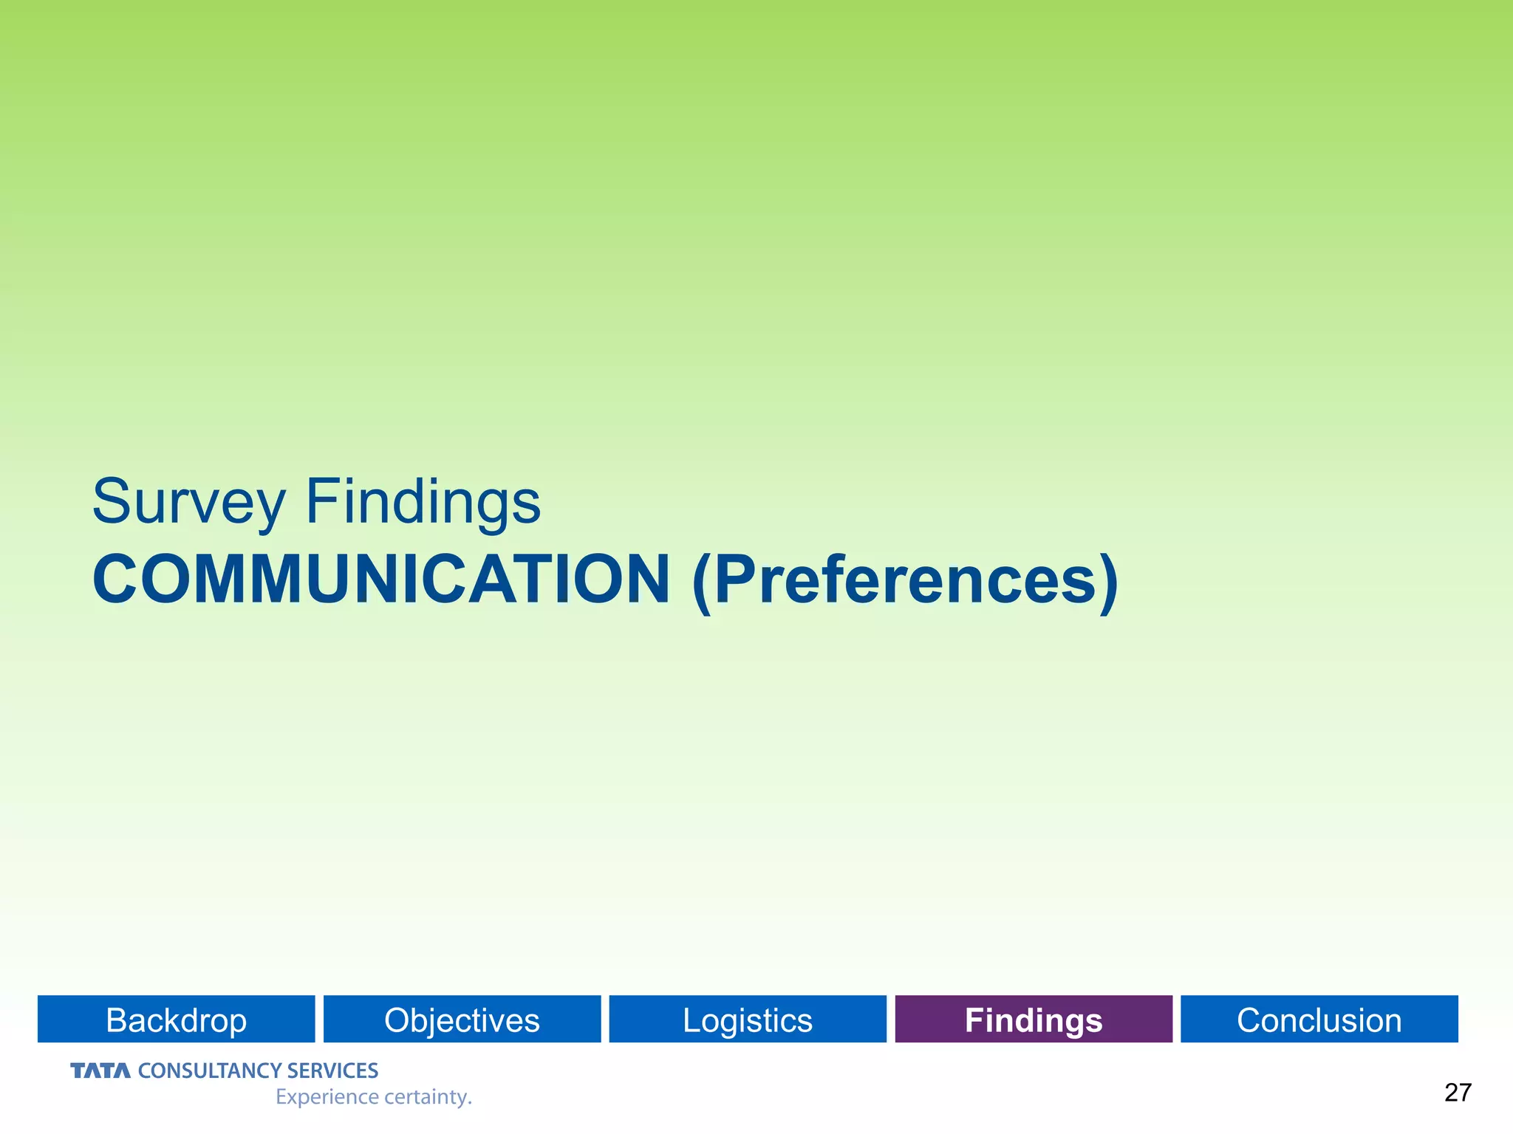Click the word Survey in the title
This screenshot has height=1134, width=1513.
point(188,502)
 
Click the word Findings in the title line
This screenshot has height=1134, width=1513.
point(423,502)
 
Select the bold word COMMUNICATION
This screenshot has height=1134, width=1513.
point(381,580)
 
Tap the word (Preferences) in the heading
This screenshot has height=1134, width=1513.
point(905,581)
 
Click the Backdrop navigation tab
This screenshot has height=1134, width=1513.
point(177,1020)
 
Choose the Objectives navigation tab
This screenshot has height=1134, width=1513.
point(462,1020)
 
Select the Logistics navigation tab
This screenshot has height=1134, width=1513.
point(748,1020)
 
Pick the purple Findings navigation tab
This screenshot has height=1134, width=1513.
point(1034,1020)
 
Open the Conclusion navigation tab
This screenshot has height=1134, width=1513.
point(1319,1020)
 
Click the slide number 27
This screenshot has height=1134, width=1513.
point(1458,1093)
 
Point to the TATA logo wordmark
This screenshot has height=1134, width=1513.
point(100,1071)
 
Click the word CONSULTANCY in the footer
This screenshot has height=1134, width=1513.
point(209,1071)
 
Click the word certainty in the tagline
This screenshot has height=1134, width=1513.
point(425,1097)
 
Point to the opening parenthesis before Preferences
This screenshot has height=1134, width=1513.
point(702,582)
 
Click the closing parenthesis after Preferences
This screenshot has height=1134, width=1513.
point(1108,582)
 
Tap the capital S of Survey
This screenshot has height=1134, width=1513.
point(112,501)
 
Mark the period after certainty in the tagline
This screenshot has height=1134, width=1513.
point(470,1104)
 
